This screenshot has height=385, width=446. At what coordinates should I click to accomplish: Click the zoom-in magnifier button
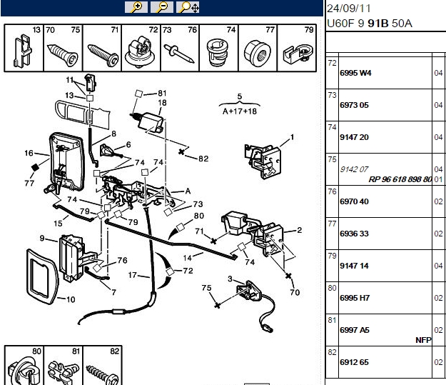tap(136, 7)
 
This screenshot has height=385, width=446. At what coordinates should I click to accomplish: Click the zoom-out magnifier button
tap(161, 7)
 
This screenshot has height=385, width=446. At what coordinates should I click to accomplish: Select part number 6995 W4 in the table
tap(355, 73)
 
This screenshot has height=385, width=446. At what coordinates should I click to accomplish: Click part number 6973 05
tap(354, 106)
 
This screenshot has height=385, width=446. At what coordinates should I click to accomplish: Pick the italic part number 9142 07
tap(354, 170)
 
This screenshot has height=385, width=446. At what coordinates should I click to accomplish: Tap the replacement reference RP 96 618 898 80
tap(400, 179)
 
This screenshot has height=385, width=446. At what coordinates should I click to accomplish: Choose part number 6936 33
tap(354, 234)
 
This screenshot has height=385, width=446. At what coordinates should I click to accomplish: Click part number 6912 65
tap(354, 363)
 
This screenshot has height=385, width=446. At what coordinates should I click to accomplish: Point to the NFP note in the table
tap(423, 340)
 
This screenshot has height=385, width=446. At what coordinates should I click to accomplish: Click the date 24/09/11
tap(349, 9)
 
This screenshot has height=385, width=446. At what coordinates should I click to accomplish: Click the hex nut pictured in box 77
tap(258, 54)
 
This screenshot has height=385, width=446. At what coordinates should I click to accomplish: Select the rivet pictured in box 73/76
tap(179, 54)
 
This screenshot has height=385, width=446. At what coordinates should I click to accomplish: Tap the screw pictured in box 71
tap(103, 55)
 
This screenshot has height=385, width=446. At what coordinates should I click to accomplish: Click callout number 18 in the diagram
tap(162, 103)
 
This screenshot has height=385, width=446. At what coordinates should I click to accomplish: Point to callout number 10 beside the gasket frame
tap(71, 299)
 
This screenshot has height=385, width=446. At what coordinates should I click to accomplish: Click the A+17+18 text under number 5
tap(240, 111)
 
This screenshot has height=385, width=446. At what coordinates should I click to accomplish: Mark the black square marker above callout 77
tap(35, 167)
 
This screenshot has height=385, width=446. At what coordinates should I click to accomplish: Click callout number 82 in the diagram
tap(203, 159)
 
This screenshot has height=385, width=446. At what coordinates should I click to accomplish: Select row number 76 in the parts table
tap(332, 191)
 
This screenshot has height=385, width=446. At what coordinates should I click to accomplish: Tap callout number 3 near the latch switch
tap(230, 279)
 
